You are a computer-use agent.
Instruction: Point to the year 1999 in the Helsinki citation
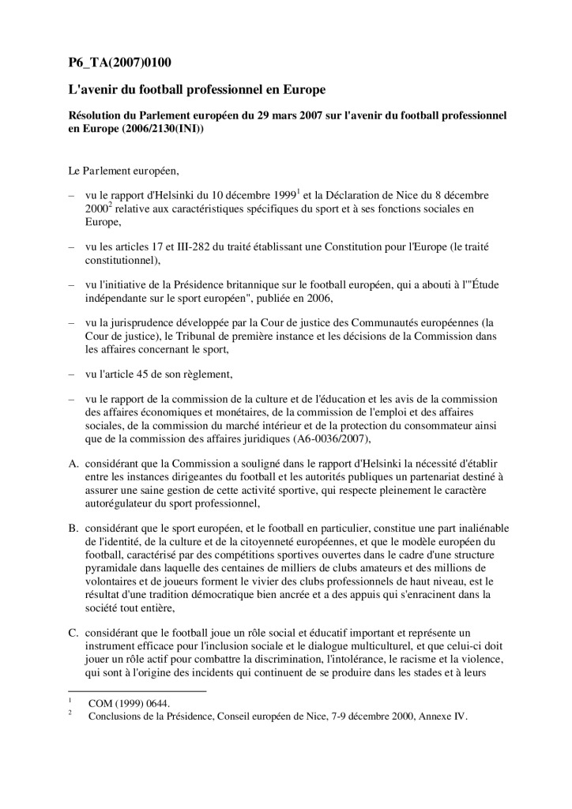click(x=277, y=194)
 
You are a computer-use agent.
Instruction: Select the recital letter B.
click(x=72, y=528)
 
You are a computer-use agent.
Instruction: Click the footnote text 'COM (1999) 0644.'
click(x=129, y=702)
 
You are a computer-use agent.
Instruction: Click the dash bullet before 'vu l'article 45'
click(x=72, y=375)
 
